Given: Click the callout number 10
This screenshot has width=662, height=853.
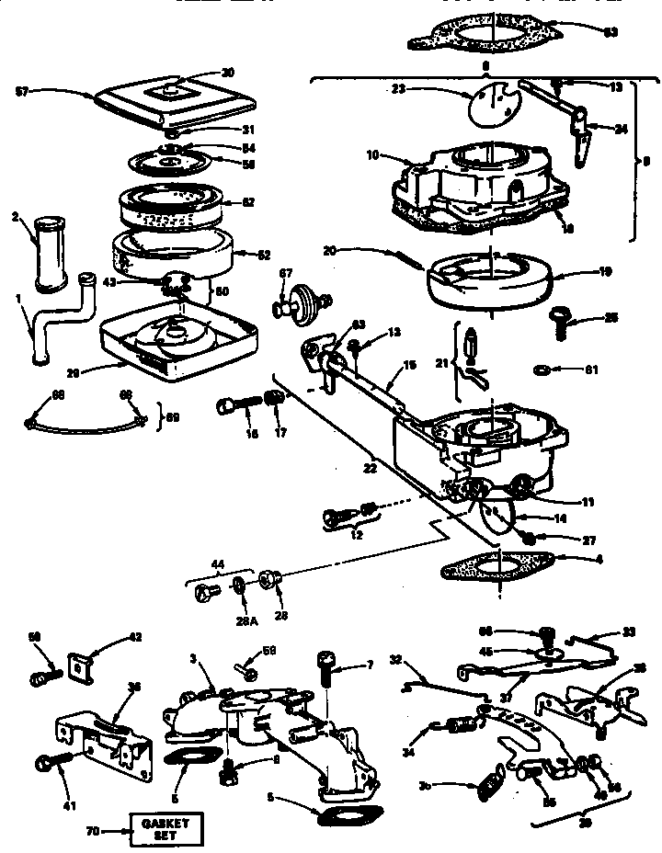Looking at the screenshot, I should click(x=371, y=156).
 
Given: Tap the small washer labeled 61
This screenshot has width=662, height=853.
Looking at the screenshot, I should click(x=543, y=370).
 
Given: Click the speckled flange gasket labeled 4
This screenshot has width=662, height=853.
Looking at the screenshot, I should click(x=498, y=566).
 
